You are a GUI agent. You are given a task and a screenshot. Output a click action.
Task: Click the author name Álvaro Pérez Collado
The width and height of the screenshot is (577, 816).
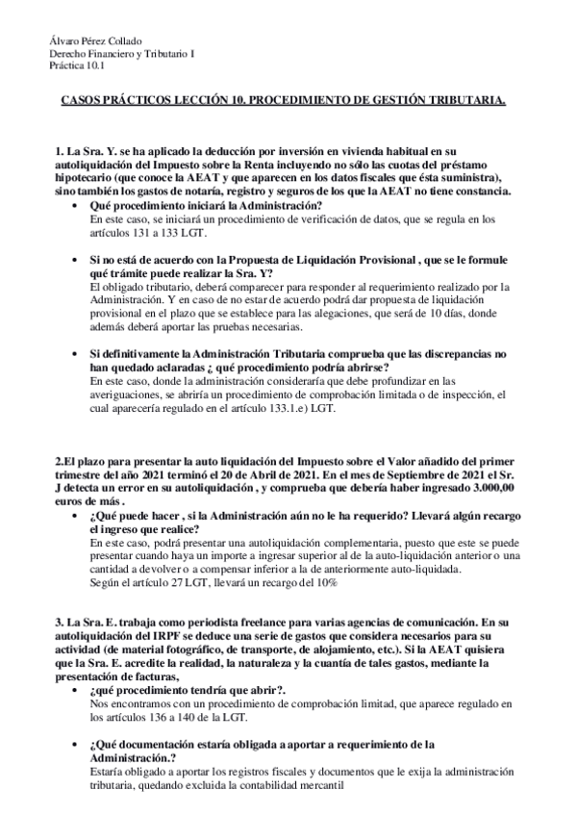94,40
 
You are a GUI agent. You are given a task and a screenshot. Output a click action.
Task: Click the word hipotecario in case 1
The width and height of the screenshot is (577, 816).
84,178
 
